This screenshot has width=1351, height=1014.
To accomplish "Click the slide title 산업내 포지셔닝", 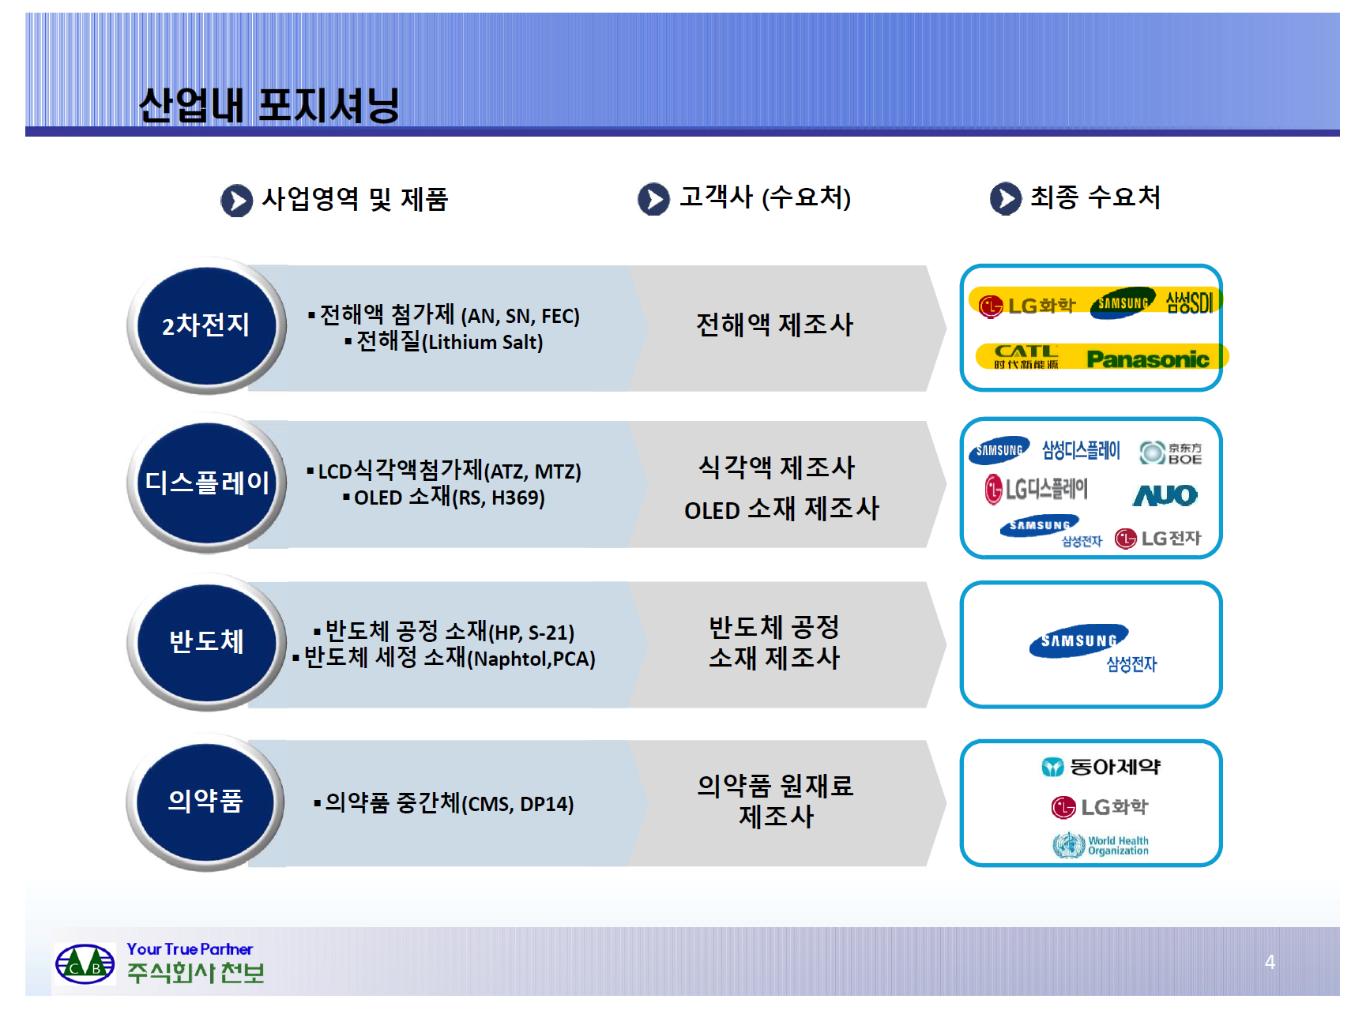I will (x=269, y=105).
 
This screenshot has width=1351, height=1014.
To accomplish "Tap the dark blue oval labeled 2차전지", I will (x=206, y=325).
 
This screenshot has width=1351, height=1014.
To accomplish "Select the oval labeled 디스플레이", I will (x=207, y=483).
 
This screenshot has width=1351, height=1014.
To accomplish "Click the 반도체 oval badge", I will (x=206, y=641).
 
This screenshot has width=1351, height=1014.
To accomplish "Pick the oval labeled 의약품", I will (x=205, y=801).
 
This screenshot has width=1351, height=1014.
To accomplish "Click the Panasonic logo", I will (x=1147, y=359).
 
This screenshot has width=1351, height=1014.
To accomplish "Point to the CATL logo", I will (x=1025, y=356).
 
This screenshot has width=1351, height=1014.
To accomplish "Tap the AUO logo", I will (x=1165, y=495).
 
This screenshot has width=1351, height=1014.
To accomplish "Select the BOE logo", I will (x=1171, y=453).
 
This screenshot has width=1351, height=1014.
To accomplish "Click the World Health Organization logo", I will (x=1101, y=845).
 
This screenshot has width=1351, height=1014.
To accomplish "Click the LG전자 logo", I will (x=1157, y=539).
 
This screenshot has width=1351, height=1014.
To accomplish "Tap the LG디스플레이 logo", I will (x=1036, y=490).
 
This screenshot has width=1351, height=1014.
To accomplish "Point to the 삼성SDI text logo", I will (x=1189, y=302).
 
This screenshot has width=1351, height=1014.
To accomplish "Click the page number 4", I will (x=1270, y=962).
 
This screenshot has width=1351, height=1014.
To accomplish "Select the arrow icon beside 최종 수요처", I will (x=1005, y=199).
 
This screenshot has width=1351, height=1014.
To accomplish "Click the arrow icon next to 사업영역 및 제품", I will (x=236, y=201).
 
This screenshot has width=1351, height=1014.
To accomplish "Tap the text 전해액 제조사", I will (x=774, y=325).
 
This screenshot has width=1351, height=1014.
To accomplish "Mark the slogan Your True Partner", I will (x=190, y=948).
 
